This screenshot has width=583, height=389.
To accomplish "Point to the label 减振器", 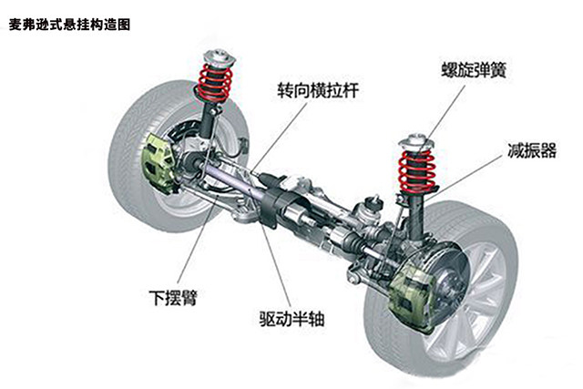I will (532, 150).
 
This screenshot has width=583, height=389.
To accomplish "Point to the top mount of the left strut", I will (219, 50).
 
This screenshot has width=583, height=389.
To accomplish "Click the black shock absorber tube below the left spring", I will (212, 123).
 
